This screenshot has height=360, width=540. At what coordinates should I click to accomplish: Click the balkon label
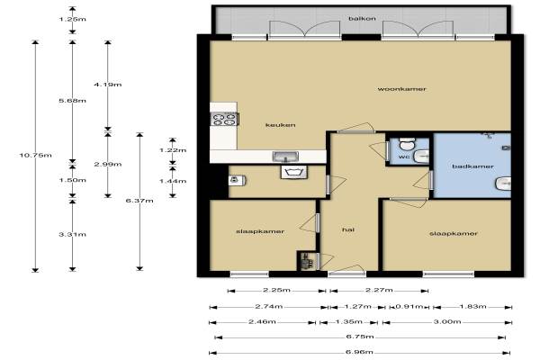coord(362,18)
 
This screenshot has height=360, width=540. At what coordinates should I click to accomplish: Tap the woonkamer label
coord(402,89)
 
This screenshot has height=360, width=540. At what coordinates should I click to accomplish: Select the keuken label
coord(280,125)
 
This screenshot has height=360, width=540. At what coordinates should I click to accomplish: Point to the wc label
coord(404,157)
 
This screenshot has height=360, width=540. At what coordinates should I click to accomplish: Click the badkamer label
coord(472,166)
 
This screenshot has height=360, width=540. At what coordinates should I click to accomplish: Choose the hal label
coord(348,229)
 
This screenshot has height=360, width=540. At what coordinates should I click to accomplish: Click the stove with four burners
coord(224,119)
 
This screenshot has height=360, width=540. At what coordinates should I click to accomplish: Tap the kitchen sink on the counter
coord(285,157)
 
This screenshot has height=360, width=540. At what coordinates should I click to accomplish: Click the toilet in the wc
coord(407,144)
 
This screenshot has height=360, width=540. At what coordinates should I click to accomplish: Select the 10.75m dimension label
coord(35,156)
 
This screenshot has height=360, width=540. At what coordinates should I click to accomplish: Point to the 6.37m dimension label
coord(139,201)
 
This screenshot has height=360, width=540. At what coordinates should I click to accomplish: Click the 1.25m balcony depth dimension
coord(72,19)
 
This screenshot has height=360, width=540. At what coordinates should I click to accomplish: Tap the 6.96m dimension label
coord(359,352)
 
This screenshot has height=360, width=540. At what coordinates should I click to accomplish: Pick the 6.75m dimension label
coord(360,337)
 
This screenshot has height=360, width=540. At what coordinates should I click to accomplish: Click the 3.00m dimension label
coord(447,322)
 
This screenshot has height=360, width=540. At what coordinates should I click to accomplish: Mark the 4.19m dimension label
coord(107,85)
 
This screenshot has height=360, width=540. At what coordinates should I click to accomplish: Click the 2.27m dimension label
coord(379,290)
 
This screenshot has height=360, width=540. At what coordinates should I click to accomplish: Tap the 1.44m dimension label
coord(173,181)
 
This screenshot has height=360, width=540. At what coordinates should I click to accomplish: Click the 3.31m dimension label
coord(72,235)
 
